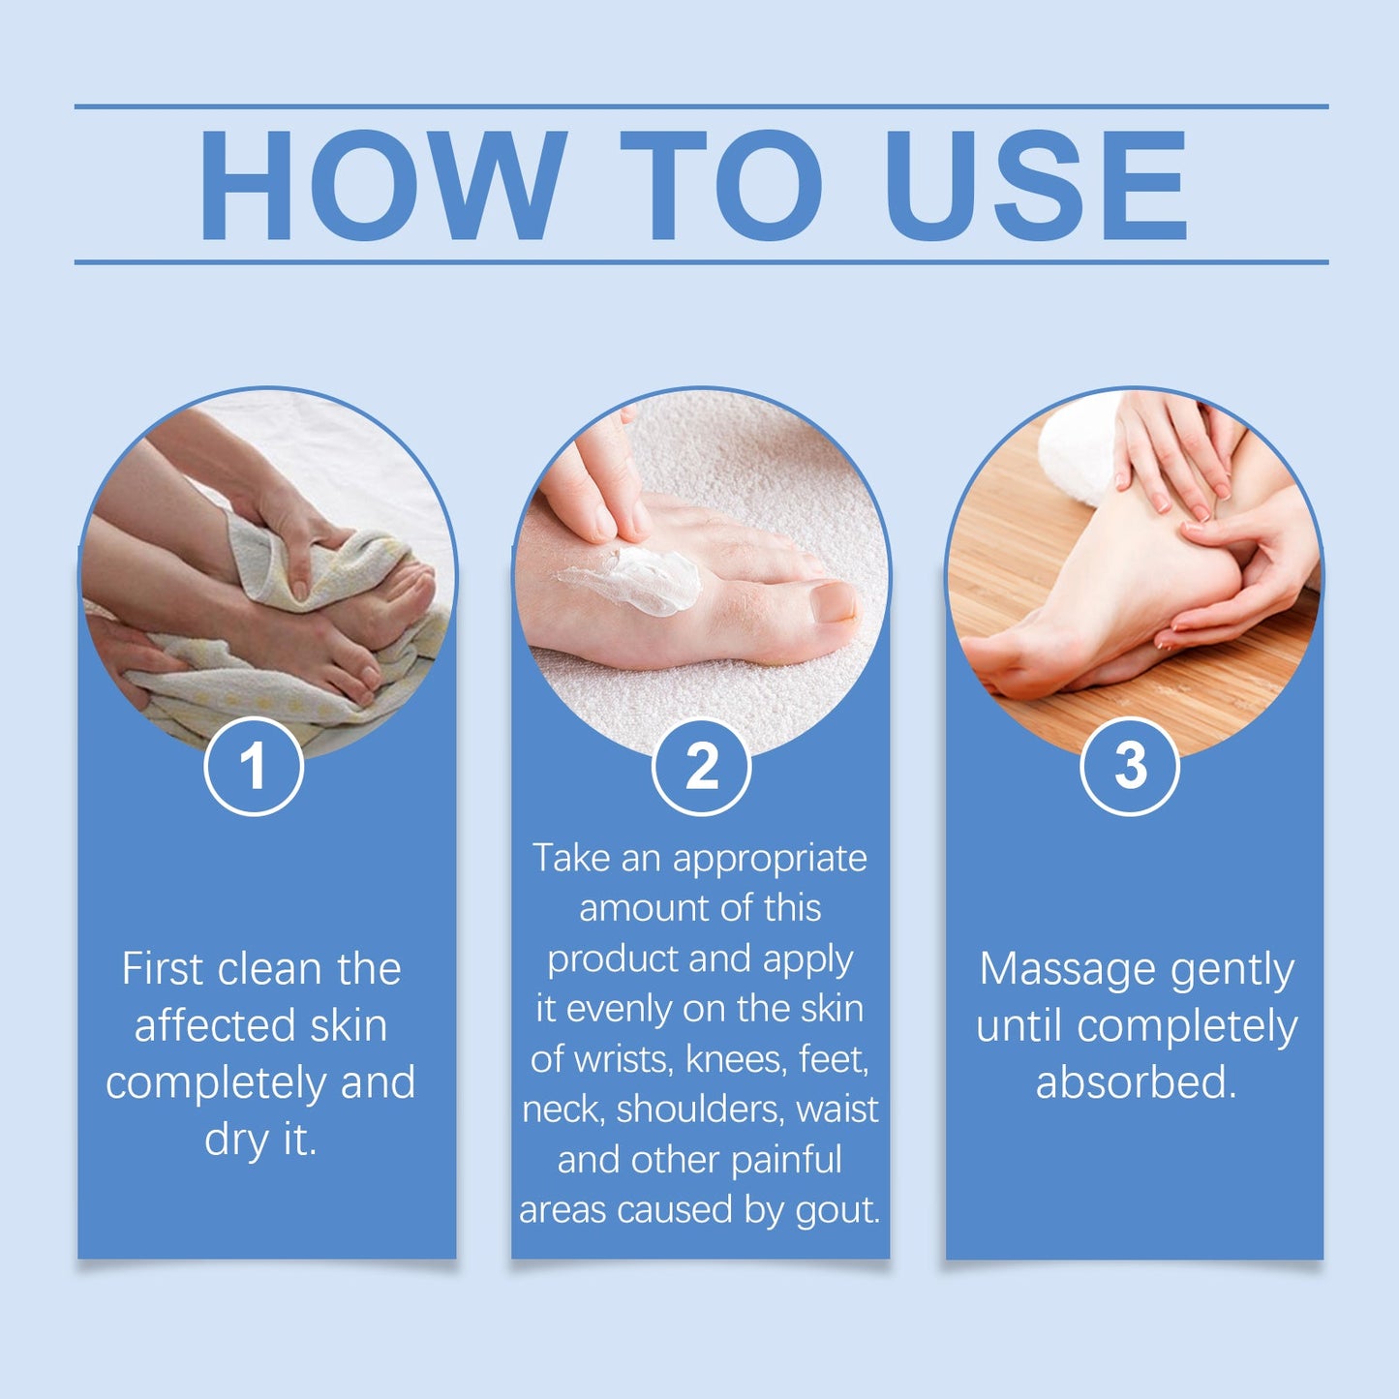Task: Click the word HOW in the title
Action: pos(381,185)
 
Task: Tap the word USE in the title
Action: pos(1035,185)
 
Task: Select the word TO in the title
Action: pos(721,185)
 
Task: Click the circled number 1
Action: pos(254,766)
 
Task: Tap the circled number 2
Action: pos(701,766)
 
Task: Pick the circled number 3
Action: pos(1129,766)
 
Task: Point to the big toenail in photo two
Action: pos(832,602)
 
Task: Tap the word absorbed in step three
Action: pos(1136,1082)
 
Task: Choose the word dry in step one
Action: pos(235,1140)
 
